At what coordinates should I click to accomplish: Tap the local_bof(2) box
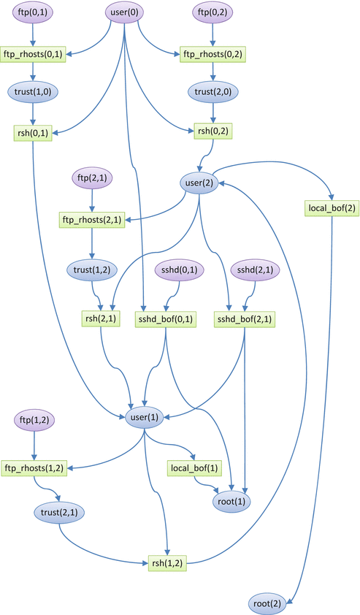(330, 208)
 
